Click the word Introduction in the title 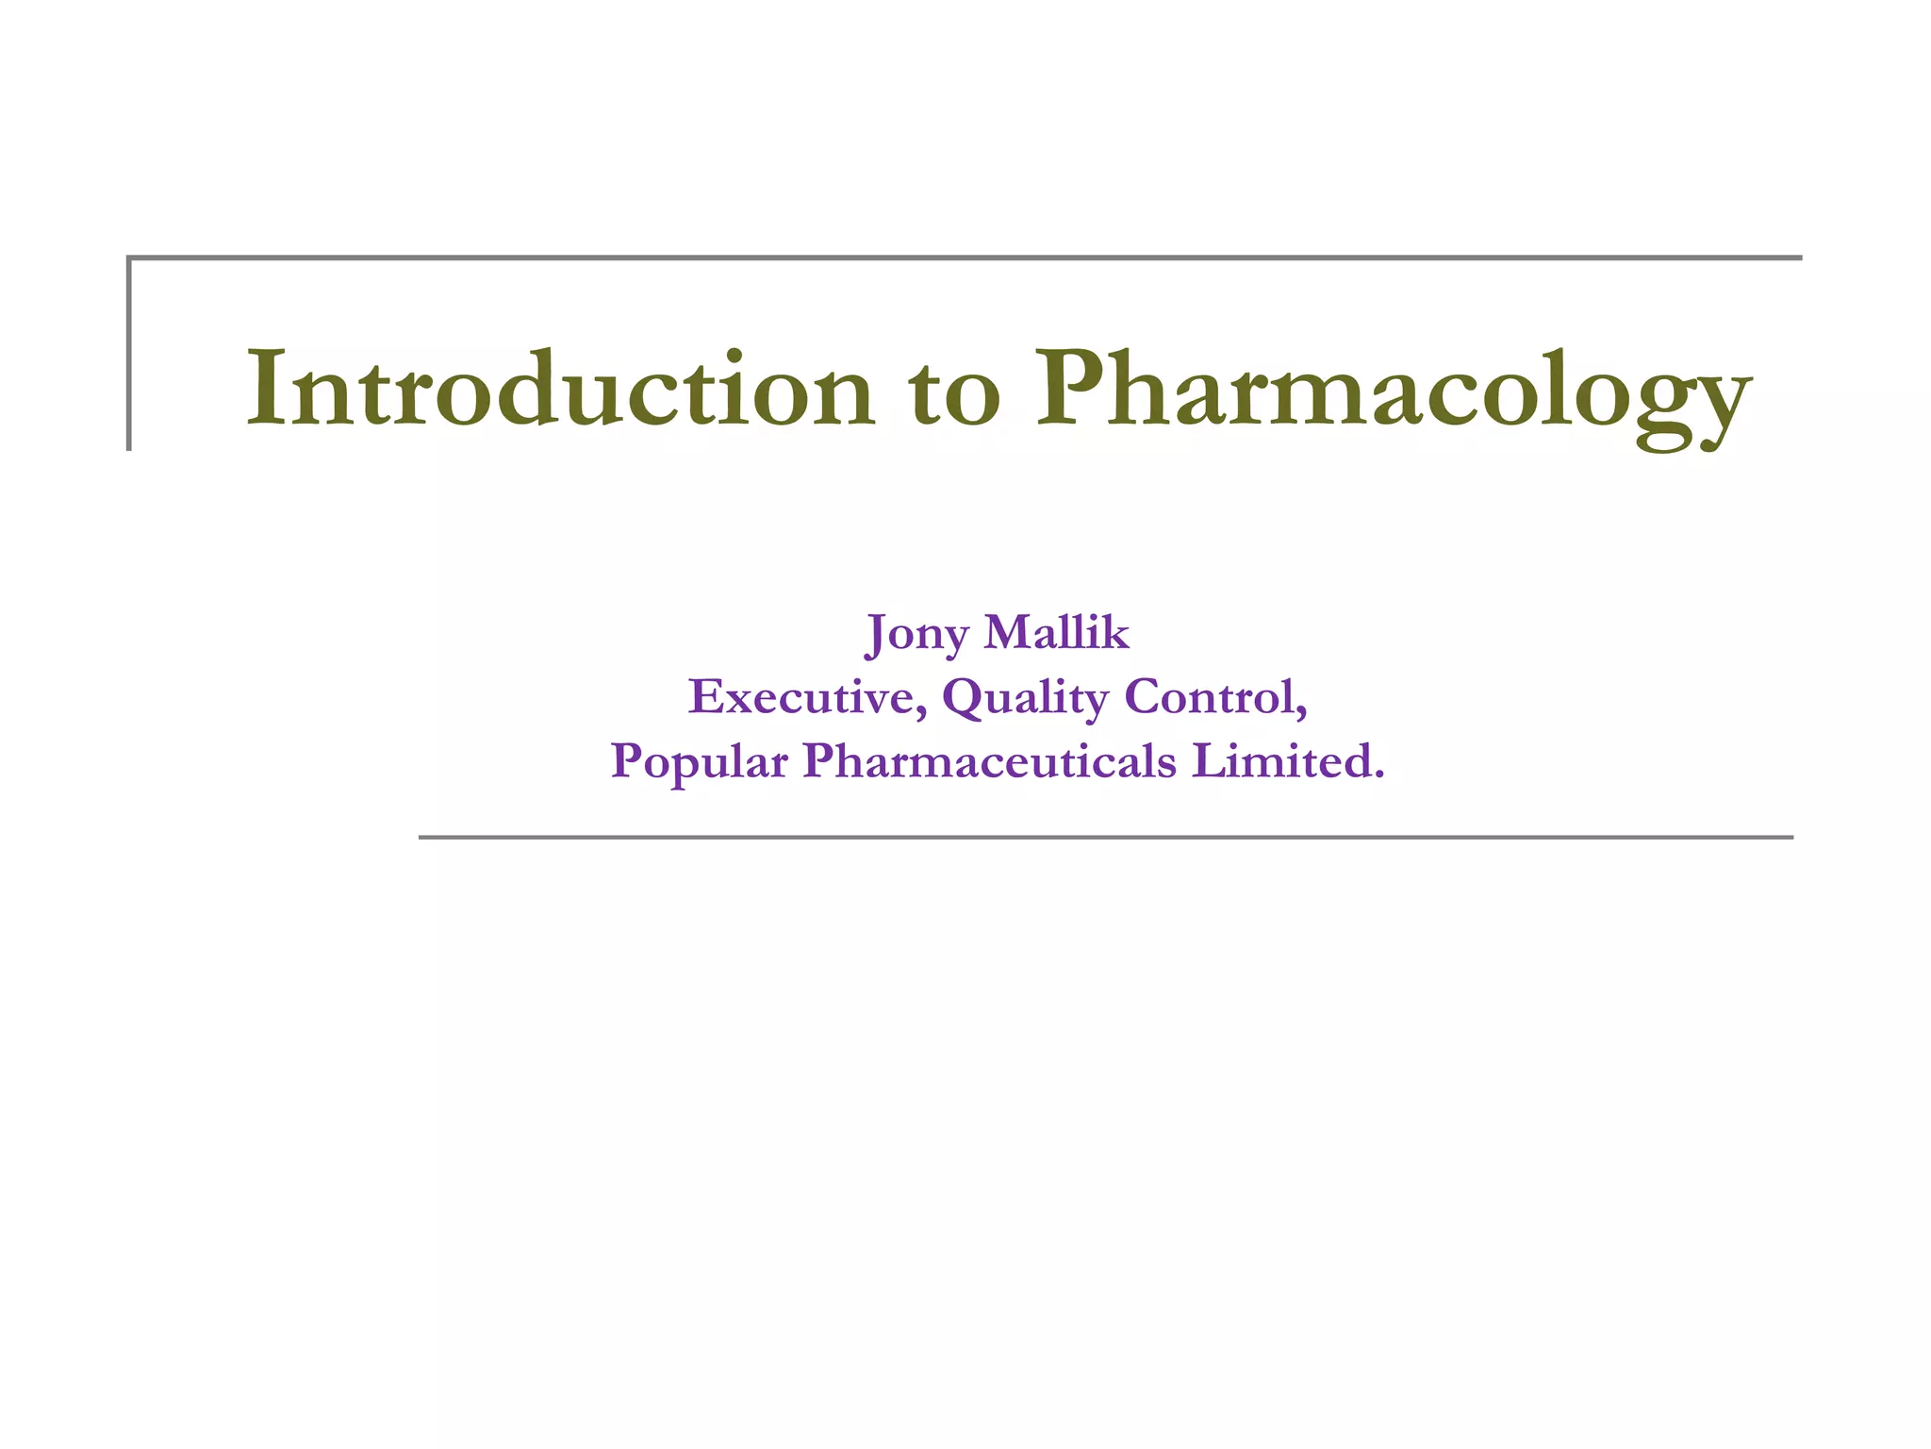[x=560, y=390]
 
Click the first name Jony [x=916, y=633]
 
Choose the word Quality [x=1025, y=699]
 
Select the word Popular [x=699, y=761]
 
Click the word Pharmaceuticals [x=990, y=761]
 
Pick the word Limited [x=1281, y=760]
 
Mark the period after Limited [x=1379, y=776]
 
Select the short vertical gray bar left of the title [x=129, y=354]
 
